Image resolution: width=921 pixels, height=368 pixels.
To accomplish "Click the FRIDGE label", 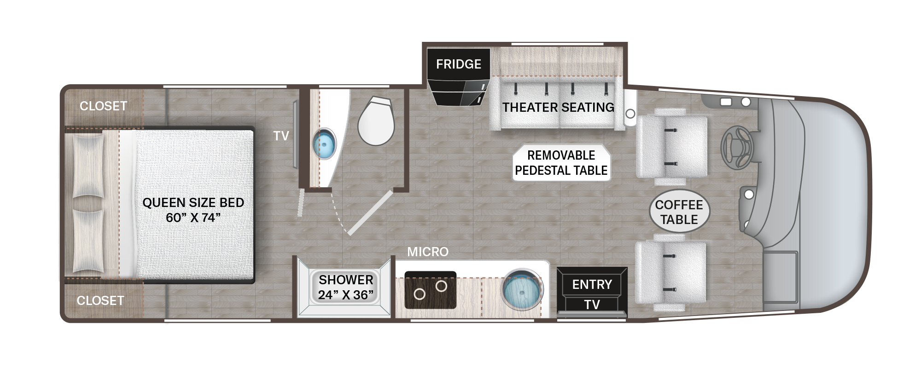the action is (x=459, y=64).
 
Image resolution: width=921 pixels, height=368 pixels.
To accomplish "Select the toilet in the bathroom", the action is (x=376, y=121).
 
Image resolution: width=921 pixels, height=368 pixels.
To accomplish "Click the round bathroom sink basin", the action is (x=325, y=144).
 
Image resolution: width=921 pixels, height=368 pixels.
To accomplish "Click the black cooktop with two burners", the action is (x=431, y=290).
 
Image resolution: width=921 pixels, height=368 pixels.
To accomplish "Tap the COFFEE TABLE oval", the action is (x=679, y=212).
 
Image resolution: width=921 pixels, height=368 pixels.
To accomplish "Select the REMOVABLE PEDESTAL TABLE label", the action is (x=561, y=163).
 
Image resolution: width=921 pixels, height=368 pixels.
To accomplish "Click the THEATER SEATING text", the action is (x=558, y=108).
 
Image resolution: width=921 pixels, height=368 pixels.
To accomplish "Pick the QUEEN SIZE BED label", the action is (x=193, y=203).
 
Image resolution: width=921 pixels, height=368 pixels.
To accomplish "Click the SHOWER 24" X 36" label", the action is (x=346, y=287).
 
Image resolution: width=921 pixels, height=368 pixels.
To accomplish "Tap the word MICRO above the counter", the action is (x=428, y=252).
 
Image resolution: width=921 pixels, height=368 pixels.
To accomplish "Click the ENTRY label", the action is (x=592, y=285).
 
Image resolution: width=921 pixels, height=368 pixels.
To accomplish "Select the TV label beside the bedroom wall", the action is (x=281, y=136).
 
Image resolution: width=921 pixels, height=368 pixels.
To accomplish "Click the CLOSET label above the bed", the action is (x=103, y=106).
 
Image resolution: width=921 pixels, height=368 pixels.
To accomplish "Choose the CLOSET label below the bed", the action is (x=100, y=301).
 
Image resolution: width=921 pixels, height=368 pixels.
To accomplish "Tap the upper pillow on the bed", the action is (x=88, y=167).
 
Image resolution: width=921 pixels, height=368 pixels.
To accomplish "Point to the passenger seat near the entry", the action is (x=670, y=272).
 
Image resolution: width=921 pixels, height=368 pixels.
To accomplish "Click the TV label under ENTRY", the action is (x=592, y=305).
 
